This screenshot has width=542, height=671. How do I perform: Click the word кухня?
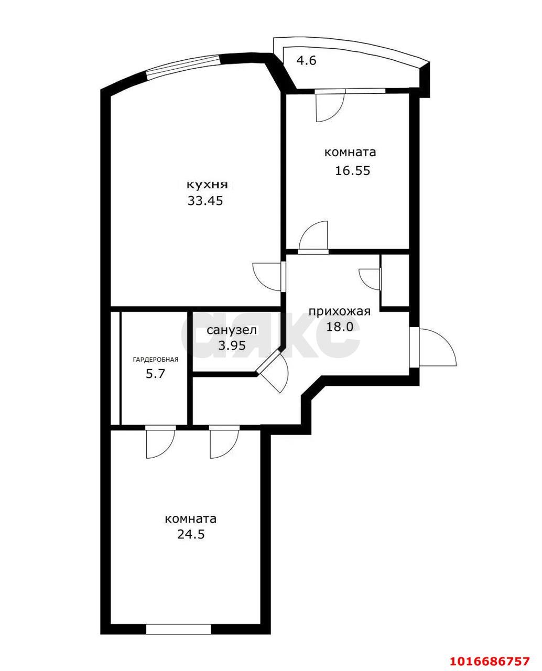click(x=207, y=185)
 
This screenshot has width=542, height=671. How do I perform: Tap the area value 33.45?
click(x=205, y=201)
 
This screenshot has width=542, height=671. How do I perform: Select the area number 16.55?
click(x=352, y=171)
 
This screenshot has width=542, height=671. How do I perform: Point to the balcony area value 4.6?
click(x=307, y=60)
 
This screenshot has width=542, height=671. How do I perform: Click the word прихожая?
click(x=339, y=311)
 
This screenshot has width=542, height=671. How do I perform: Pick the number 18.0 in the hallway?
click(x=339, y=327)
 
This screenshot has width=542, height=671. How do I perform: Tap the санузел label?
click(x=232, y=330)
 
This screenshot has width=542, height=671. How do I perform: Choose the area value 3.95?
click(x=232, y=345)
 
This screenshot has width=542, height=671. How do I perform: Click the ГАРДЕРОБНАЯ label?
click(x=156, y=360)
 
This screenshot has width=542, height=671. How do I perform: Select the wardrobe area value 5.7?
click(x=156, y=374)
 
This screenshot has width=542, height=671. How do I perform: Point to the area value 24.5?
click(x=191, y=534)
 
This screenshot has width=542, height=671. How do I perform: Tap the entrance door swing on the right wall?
click(x=436, y=347)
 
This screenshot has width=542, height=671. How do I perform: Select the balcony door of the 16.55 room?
click(x=329, y=105)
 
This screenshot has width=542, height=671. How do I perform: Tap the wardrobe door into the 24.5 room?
click(x=160, y=441)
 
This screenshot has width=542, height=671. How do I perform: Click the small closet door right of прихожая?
click(x=371, y=278)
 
